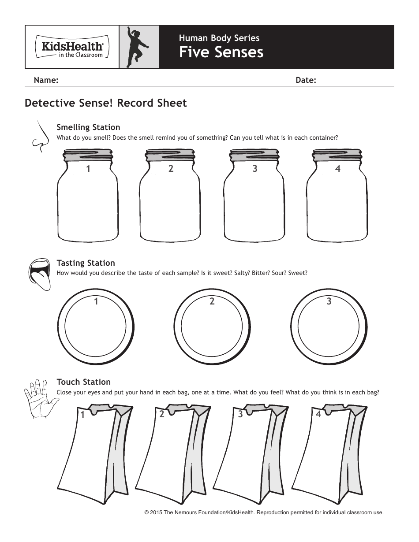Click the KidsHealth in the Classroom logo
pyautogui.click(x=72, y=47)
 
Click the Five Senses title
pyautogui.click(x=221, y=52)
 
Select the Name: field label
pyautogui.click(x=46, y=80)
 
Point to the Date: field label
pyautogui.click(x=306, y=80)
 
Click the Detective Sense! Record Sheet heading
pyautogui.click(x=106, y=103)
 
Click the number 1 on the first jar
pyautogui.click(x=88, y=168)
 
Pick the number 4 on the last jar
pyautogui.click(x=338, y=168)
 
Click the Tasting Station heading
pyautogui.click(x=86, y=263)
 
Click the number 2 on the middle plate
pyautogui.click(x=212, y=301)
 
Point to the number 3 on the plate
pyautogui.click(x=329, y=301)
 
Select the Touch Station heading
pyautogui.click(x=84, y=382)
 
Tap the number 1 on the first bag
pyautogui.click(x=82, y=415)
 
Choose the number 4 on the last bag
pyautogui.click(x=318, y=414)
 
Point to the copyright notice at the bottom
pyautogui.click(x=264, y=512)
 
